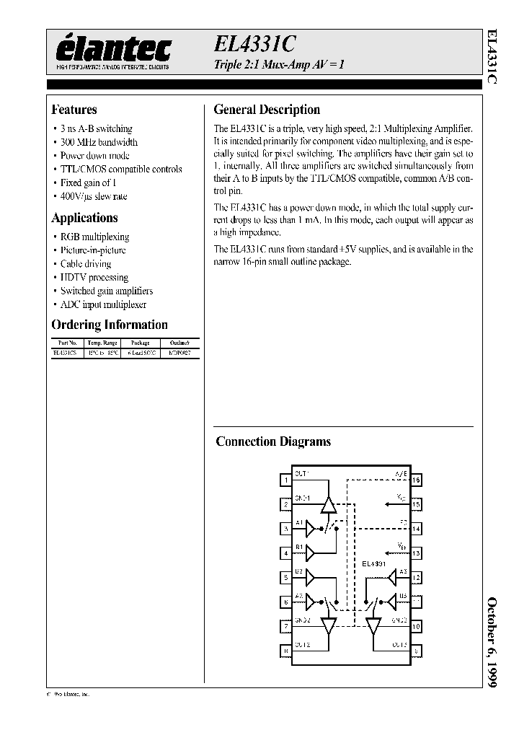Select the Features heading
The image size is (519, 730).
(74, 110)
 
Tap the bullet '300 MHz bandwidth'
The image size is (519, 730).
(99, 142)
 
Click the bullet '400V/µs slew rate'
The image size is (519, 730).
(94, 196)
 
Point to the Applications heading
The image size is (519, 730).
(84, 218)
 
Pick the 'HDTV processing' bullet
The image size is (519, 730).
(94, 277)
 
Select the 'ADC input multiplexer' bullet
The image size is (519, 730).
(103, 304)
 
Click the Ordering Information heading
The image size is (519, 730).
(110, 325)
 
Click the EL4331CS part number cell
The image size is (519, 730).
(66, 353)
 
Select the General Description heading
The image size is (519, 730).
(267, 110)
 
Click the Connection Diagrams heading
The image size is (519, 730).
(273, 441)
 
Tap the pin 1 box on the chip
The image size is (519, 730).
(286, 479)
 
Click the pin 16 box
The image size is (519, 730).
(416, 479)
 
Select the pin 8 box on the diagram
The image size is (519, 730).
(286, 651)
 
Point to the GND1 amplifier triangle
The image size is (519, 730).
(329, 504)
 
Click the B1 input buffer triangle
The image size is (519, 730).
(311, 553)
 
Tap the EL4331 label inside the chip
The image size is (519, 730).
(374, 563)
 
